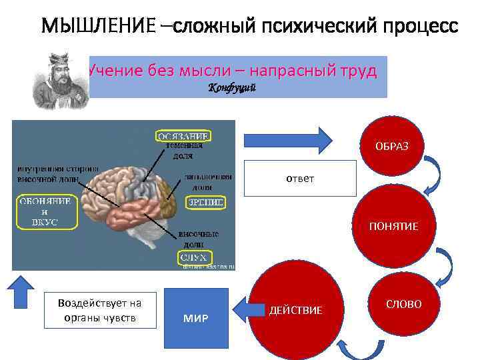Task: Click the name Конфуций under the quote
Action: point(232,89)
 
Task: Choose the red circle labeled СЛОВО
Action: point(403,304)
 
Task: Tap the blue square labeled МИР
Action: point(195,317)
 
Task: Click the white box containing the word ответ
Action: point(300,179)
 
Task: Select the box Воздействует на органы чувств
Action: point(99,310)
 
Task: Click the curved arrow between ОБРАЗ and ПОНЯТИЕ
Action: point(432,175)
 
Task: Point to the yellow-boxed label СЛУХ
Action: point(195,257)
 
